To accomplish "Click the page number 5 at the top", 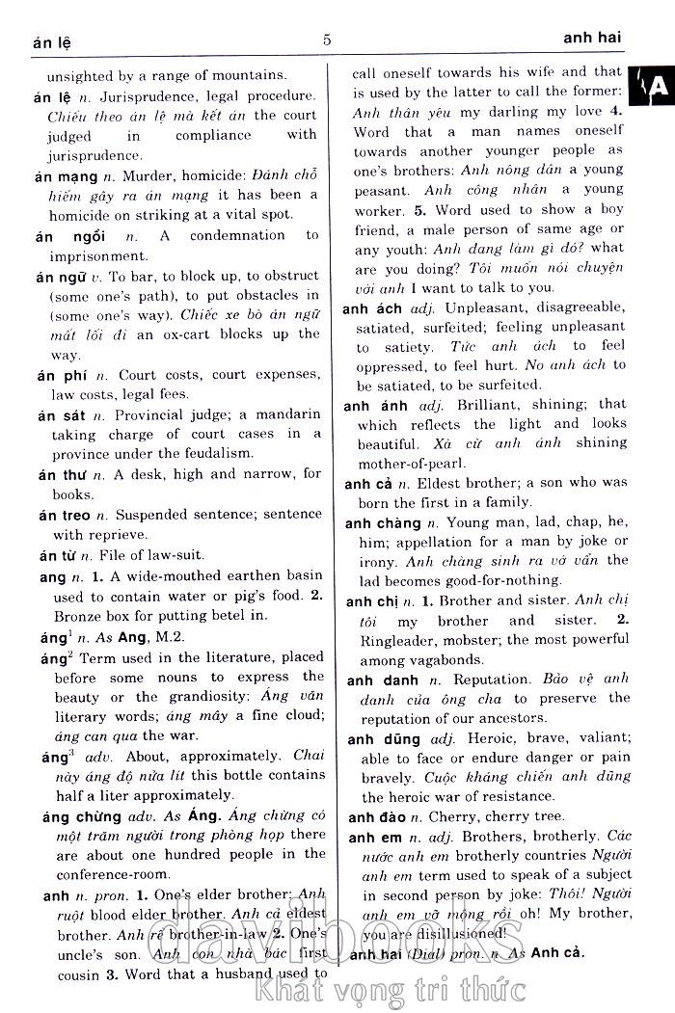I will (327, 40).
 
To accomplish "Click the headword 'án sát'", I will (60, 415).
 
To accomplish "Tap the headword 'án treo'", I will (65, 516).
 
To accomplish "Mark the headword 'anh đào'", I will (379, 817).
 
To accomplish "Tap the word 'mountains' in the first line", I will (247, 74).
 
